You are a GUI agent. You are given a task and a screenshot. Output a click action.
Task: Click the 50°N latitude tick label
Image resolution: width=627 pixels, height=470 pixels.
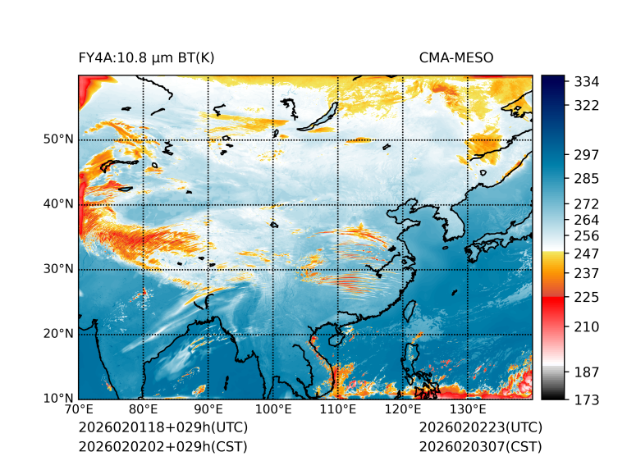tap(58, 139)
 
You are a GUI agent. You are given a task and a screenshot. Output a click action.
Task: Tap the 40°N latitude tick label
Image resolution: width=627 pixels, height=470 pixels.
tap(58, 204)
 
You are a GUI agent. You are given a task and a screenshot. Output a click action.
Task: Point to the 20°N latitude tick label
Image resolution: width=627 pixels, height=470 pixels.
tap(58, 334)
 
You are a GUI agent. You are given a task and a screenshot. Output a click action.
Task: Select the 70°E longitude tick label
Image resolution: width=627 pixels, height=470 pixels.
tap(79, 409)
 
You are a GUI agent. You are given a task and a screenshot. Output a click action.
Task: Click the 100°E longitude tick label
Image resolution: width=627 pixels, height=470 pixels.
tap(273, 409)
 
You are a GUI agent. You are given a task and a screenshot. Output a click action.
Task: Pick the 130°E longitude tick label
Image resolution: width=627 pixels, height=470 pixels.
tap(468, 409)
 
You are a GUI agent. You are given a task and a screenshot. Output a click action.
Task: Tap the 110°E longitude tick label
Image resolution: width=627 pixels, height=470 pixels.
tap(338, 409)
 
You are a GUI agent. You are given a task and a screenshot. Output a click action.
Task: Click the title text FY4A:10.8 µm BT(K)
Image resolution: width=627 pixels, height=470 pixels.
tap(146, 57)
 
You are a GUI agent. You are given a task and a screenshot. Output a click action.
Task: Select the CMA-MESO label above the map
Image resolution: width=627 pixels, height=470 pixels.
tap(456, 57)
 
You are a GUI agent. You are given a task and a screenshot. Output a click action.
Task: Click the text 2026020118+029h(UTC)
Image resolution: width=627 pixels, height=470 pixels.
tap(162, 427)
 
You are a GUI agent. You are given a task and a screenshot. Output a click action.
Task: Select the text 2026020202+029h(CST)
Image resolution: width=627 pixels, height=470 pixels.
tap(162, 446)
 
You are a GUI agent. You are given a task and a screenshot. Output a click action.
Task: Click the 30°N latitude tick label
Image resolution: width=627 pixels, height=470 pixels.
tap(58, 269)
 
